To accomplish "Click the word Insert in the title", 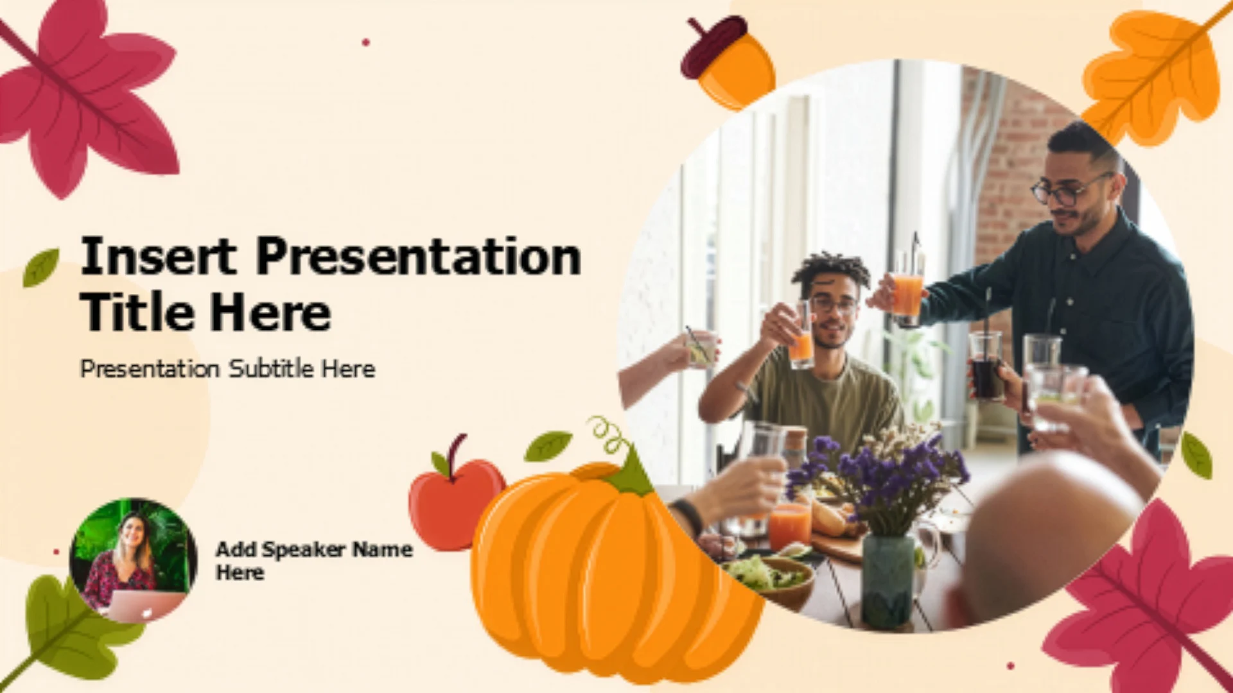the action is click(x=158, y=256).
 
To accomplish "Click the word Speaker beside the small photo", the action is click(x=304, y=550).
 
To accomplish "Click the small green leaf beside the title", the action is click(x=40, y=268).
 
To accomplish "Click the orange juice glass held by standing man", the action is click(x=907, y=298).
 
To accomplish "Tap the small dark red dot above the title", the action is click(x=366, y=42).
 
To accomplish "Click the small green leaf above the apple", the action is click(x=547, y=446).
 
